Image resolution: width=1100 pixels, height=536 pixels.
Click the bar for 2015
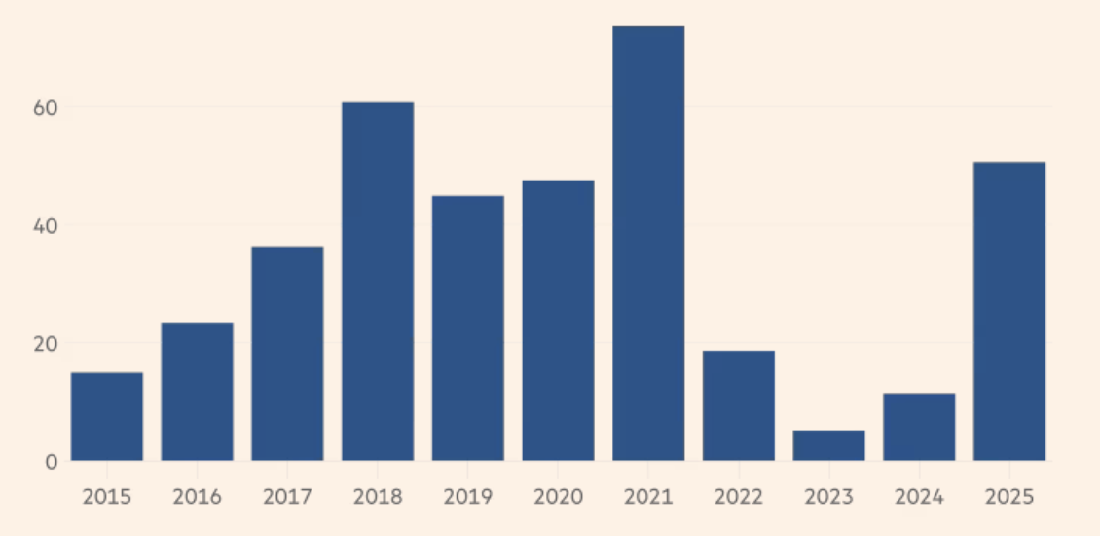point(107,416)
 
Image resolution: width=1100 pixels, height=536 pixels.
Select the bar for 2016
point(197,391)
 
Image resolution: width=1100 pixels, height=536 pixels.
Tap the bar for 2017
point(287,353)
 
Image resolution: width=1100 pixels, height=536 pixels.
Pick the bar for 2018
point(378,281)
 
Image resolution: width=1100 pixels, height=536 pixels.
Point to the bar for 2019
point(468,327)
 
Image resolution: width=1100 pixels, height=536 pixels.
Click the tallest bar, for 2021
point(648,243)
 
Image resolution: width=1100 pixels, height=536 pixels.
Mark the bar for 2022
point(739,405)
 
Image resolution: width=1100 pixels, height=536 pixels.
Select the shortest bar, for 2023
point(828,445)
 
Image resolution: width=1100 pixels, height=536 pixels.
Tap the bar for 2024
point(919,427)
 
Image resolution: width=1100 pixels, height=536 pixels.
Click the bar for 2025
point(1009,311)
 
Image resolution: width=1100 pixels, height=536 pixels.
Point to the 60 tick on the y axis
point(45,107)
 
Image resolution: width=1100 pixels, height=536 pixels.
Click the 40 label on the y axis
point(45,225)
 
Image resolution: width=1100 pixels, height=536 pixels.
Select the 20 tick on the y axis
point(45,343)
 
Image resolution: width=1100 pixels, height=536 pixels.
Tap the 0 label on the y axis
point(51,461)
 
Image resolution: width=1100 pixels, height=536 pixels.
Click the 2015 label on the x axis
point(107,496)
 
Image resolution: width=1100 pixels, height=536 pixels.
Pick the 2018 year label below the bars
point(378,496)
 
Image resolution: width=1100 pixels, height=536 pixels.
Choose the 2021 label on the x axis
point(648,496)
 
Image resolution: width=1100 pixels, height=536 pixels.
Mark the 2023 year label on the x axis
point(828,496)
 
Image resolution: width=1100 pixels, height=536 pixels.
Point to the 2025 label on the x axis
point(1009,496)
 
